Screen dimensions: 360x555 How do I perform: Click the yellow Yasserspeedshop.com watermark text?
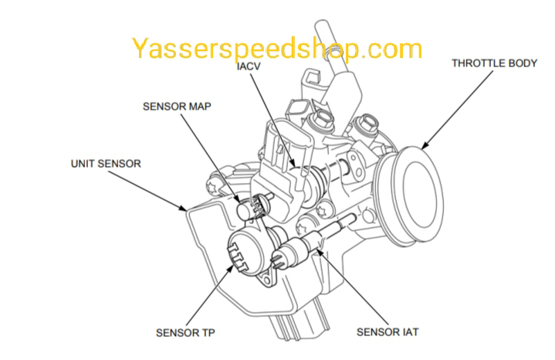pos(276,49)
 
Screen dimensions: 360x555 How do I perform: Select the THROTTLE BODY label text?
pos(494,63)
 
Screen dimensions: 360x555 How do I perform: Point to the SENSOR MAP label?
pos(177,107)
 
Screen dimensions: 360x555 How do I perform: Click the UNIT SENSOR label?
pos(106,164)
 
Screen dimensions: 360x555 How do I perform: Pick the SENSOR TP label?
pos(185,333)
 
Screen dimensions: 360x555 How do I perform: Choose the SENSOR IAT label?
pos(387,333)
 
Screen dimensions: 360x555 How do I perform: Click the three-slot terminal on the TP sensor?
pos(239,251)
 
